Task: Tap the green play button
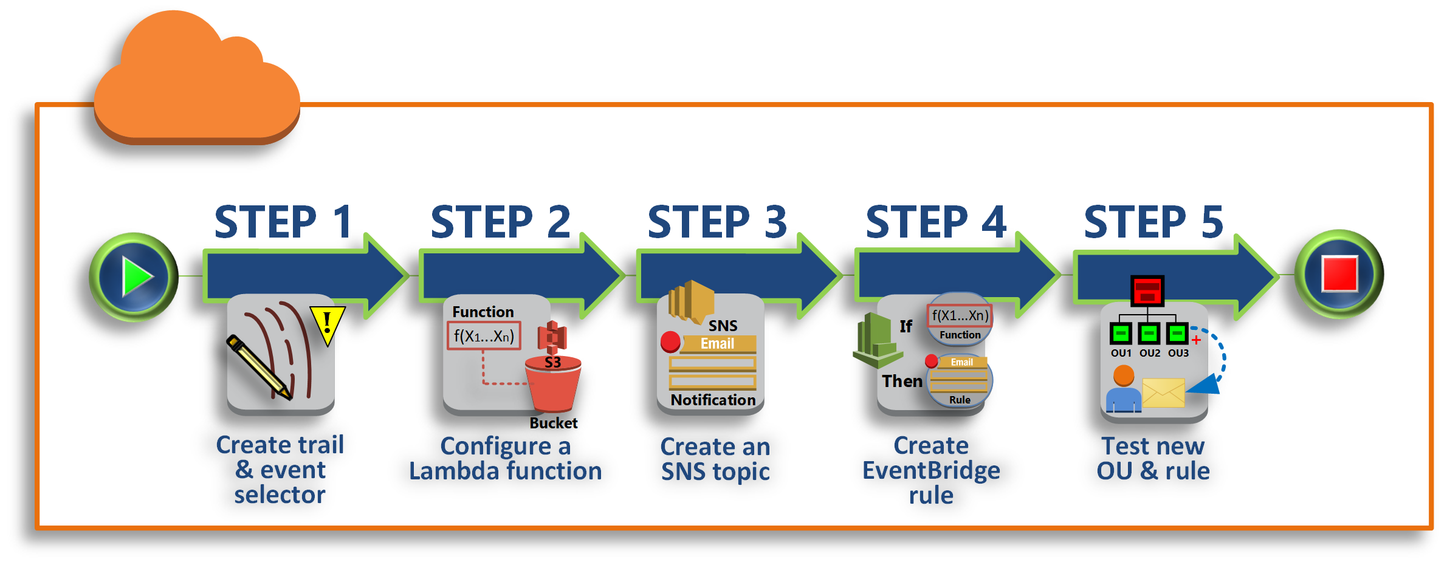[134, 276]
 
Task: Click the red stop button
[1339, 274]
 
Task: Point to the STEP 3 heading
[717, 222]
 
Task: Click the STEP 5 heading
[1153, 222]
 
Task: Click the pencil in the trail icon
[259, 367]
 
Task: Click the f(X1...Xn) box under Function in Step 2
[484, 337]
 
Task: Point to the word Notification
[713, 400]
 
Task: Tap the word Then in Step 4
[902, 381]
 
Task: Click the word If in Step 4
[906, 326]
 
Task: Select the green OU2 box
[1149, 334]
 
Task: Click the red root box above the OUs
[1147, 291]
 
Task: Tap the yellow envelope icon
[1163, 393]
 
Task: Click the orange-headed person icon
[1123, 389]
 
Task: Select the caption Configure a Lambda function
[505, 459]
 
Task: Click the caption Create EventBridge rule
[931, 470]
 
